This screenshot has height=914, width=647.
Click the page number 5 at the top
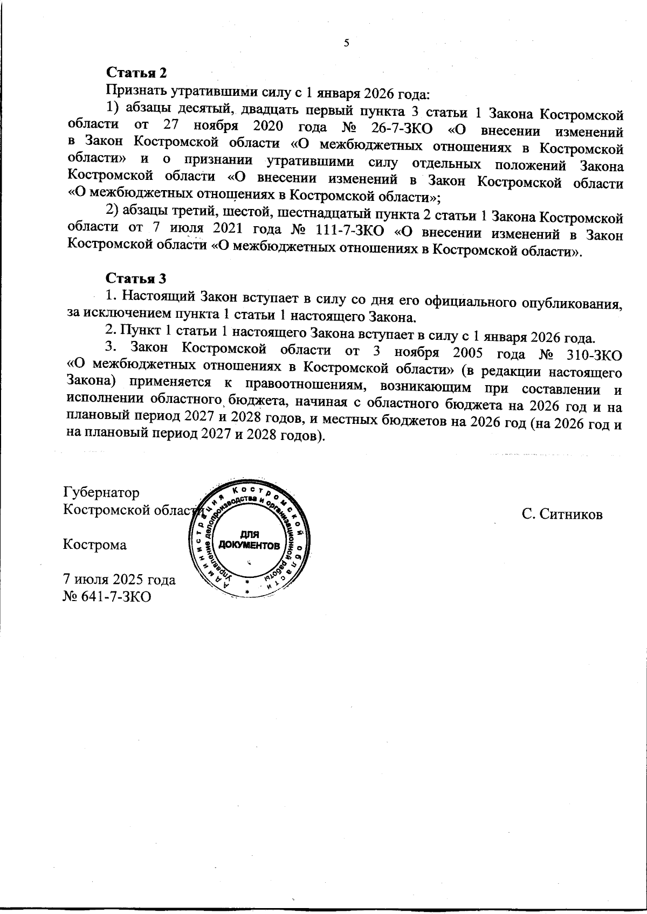pyautogui.click(x=347, y=44)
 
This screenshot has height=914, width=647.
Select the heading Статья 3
pyautogui.click(x=136, y=278)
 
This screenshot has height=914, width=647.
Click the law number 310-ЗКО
pyautogui.click(x=588, y=355)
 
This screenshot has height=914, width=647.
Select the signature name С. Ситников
pyautogui.click(x=562, y=514)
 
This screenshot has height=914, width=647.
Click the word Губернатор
pyautogui.click(x=101, y=493)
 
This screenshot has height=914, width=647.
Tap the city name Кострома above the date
pyautogui.click(x=95, y=545)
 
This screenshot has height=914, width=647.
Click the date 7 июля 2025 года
pyautogui.click(x=119, y=580)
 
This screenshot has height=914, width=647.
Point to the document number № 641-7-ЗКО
pyautogui.click(x=107, y=596)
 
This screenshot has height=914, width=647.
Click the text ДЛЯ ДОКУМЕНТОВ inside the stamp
pyautogui.click(x=249, y=540)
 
